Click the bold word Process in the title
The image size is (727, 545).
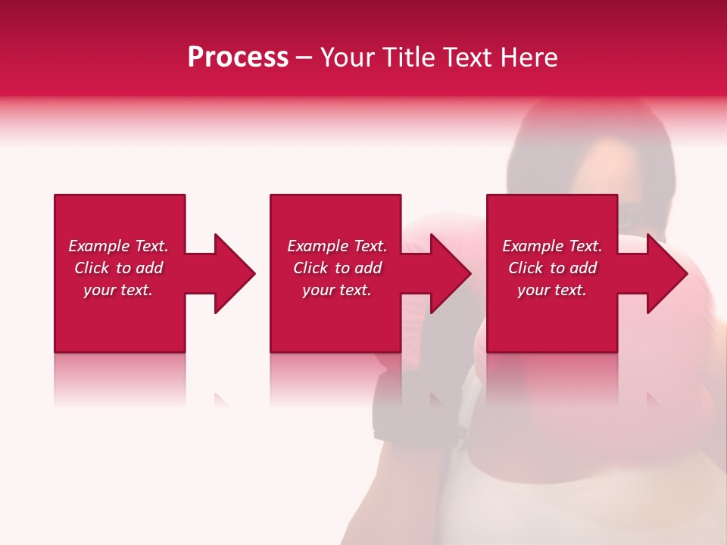pos(238,58)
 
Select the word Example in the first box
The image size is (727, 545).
pos(98,246)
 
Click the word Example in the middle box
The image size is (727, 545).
pos(317,246)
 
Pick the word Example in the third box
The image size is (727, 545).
pos(532,246)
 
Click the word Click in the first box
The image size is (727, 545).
pos(92,268)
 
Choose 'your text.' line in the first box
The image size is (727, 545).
pos(118,290)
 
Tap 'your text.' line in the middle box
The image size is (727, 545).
pos(337,290)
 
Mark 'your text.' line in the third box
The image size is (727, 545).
pos(552,290)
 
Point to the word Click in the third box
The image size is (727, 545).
pos(526,268)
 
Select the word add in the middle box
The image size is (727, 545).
pos(367,268)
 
